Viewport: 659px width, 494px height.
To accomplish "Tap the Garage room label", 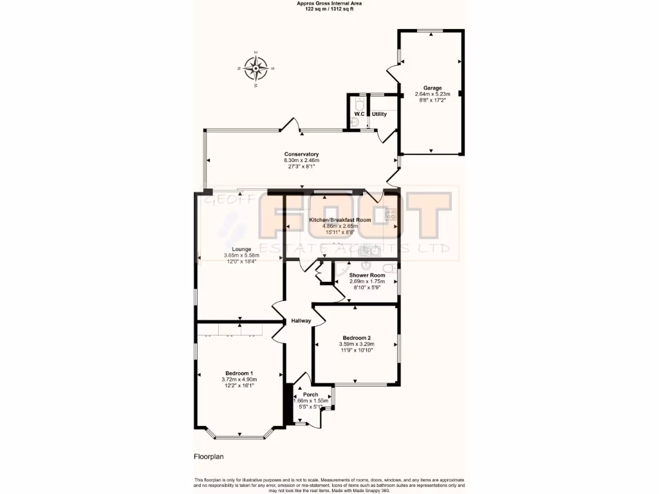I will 432,87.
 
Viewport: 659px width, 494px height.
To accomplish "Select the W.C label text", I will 359,114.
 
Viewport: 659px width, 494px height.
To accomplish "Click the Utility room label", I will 379,114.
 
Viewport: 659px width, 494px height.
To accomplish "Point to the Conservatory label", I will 302,154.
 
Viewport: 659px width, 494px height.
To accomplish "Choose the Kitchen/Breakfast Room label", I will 340,220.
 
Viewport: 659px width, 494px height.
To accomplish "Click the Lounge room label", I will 241,250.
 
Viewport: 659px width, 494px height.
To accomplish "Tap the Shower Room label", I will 367,275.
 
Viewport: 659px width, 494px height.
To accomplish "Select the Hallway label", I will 301,321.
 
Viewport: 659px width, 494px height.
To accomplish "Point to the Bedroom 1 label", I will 239,374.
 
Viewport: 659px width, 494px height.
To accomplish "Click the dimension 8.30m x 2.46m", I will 302,161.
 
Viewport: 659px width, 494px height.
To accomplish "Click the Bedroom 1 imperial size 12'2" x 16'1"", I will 239,385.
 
